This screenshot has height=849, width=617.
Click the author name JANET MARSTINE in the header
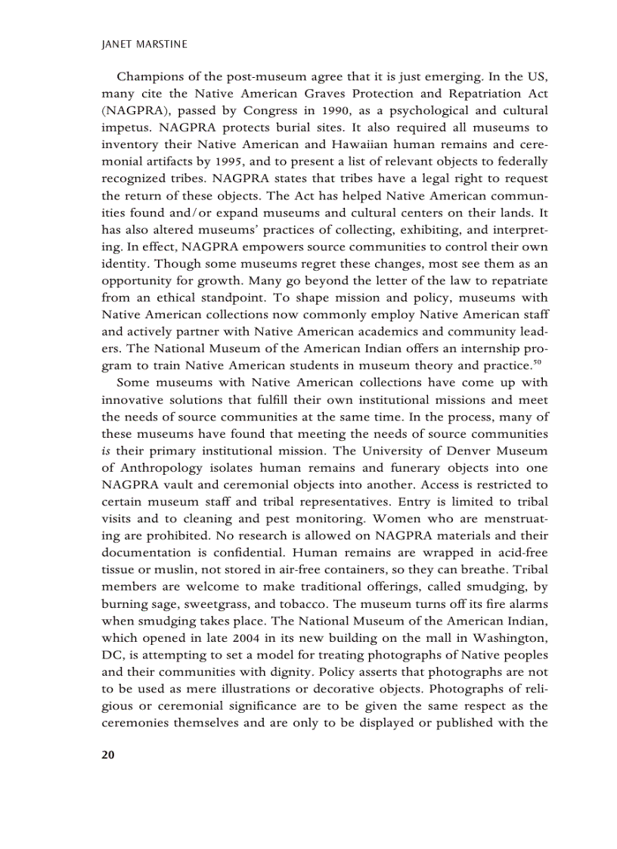click(144, 45)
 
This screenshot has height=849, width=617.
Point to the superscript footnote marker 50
click(541, 363)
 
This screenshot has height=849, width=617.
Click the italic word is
click(106, 451)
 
